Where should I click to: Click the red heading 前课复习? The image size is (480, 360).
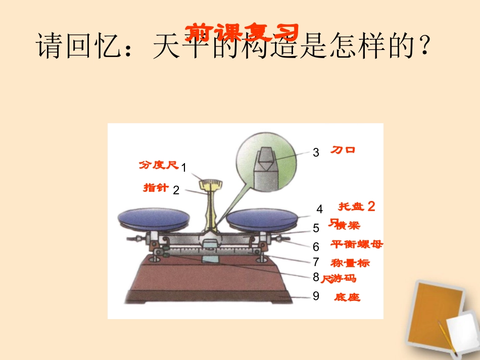tap(242, 32)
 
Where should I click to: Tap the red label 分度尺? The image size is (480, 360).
tap(159, 165)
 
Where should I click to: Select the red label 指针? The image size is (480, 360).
tap(156, 188)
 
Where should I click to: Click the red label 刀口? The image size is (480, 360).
tap(343, 150)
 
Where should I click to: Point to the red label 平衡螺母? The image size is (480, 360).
tap(357, 244)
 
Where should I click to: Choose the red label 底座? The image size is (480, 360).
tap(347, 297)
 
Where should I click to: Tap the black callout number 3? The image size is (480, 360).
tap(316, 152)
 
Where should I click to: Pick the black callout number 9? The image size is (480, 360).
tap(316, 296)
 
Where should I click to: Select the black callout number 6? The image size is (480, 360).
tap(316, 247)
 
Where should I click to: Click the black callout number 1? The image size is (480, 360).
tap(184, 167)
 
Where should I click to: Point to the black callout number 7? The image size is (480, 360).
tap(316, 262)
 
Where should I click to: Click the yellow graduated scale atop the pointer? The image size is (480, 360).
tap(212, 183)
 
